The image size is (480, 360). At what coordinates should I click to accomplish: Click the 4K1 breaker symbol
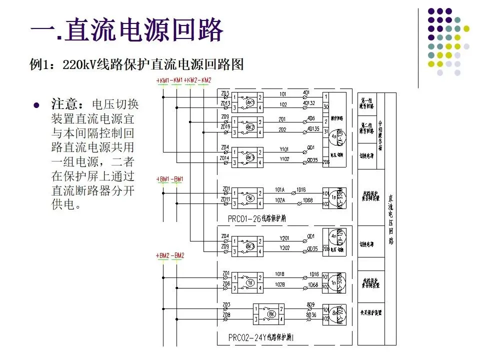tap(250, 102)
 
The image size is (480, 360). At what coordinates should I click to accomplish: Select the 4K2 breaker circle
tap(250, 127)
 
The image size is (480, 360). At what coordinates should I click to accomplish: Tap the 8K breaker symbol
tap(272, 314)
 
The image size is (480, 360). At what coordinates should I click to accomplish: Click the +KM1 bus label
tap(162, 80)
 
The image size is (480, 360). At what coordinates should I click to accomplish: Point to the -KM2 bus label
tap(204, 80)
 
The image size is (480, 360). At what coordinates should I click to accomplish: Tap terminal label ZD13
tap(225, 104)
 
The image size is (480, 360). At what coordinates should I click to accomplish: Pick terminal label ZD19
tap(225, 127)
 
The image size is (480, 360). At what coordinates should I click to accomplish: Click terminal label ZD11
tap(225, 199)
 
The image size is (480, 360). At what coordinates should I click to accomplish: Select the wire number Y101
tap(283, 149)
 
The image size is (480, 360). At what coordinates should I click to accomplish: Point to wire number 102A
tap(280, 200)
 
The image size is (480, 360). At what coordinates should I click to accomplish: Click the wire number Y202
tap(283, 247)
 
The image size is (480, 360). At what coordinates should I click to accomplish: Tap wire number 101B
tap(280, 274)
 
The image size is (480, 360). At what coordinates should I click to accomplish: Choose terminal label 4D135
tap(313, 128)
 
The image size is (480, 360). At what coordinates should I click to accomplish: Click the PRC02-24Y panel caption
tap(261, 337)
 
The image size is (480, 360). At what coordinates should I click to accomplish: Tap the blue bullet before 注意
tap(35, 106)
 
